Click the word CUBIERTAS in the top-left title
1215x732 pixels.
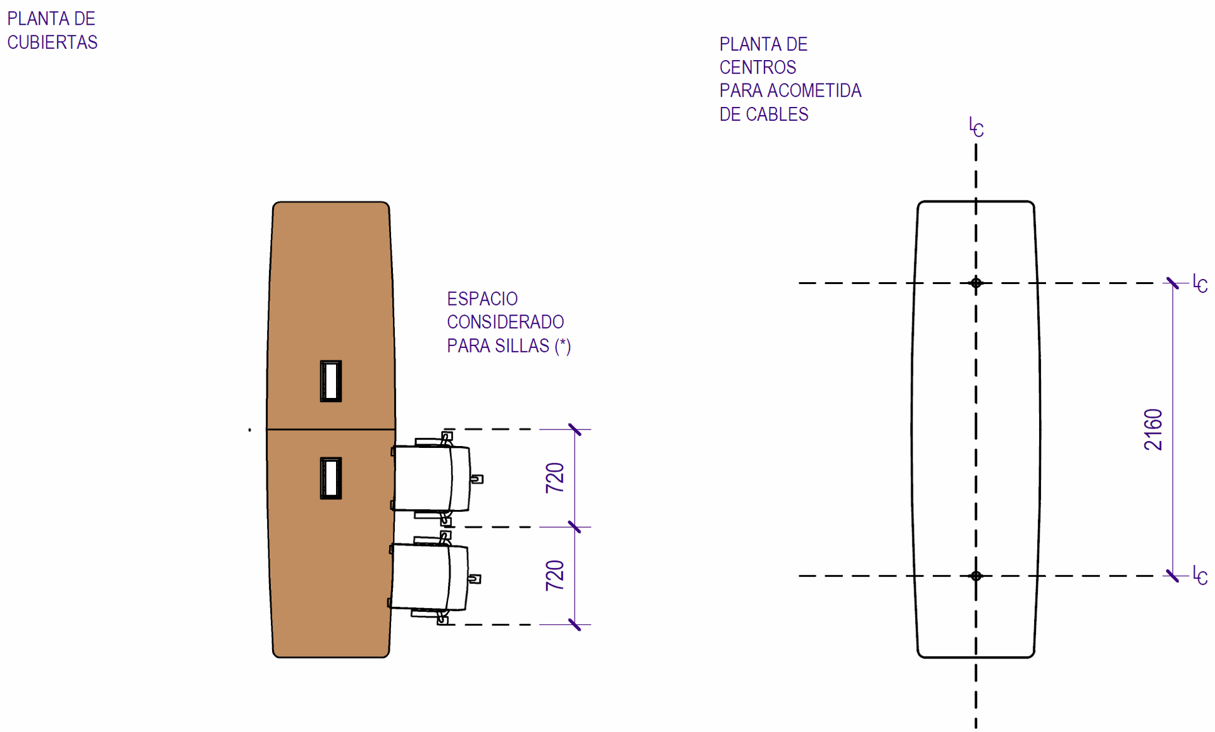(53, 42)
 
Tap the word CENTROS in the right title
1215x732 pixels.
(757, 67)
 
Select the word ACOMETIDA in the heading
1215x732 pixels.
(814, 90)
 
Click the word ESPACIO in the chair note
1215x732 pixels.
(482, 299)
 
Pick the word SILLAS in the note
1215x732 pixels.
(523, 346)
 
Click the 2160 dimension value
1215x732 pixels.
(1154, 430)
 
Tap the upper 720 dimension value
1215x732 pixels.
(555, 478)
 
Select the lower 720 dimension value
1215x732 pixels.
(555, 575)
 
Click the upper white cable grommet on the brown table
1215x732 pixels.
(331, 381)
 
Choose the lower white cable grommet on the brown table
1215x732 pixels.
(331, 478)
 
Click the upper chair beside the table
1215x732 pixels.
(433, 478)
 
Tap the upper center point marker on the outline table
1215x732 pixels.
(976, 283)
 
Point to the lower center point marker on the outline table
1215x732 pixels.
(976, 576)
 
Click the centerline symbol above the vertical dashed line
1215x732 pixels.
(976, 127)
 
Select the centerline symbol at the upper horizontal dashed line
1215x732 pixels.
(1200, 283)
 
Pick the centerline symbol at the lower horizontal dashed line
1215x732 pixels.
(1200, 576)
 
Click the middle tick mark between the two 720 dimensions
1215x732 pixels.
(575, 527)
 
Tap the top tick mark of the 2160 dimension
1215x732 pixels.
(1173, 283)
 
